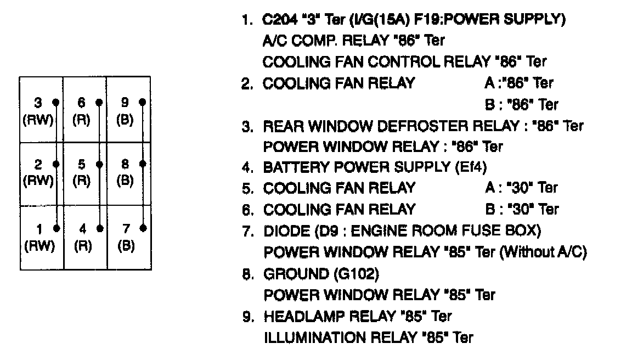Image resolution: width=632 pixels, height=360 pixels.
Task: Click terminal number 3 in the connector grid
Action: click(38, 103)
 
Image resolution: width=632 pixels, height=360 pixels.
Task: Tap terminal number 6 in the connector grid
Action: click(81, 103)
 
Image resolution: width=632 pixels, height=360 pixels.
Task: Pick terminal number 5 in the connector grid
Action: click(81, 164)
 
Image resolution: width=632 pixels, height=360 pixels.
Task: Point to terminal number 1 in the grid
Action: click(38, 227)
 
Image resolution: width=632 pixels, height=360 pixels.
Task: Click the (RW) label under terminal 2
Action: click(38, 182)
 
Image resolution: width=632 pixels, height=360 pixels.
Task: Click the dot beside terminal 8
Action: click(143, 164)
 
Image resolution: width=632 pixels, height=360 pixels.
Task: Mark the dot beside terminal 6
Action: click(99, 102)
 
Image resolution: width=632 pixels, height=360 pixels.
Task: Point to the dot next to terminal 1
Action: click(56, 227)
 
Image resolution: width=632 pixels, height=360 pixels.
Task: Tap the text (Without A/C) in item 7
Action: click(544, 252)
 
